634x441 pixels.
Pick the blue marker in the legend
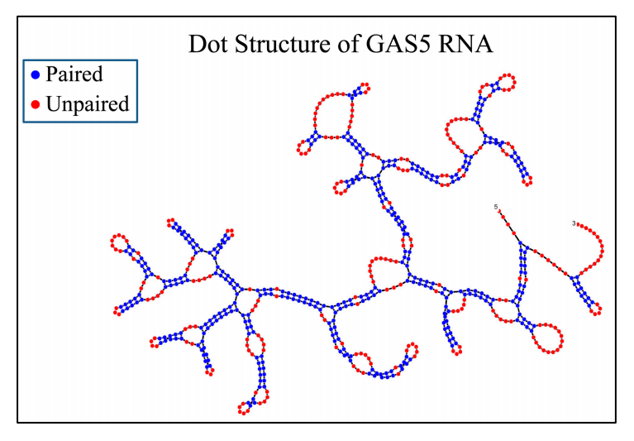35,75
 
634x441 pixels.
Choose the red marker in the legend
35,105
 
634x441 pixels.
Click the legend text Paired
74,74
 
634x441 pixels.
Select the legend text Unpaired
87,104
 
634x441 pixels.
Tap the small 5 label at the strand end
496,206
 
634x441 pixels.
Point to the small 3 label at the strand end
573,223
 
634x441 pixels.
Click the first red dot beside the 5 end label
500,212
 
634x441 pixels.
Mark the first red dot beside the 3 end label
578,224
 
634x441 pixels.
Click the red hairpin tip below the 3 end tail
597,312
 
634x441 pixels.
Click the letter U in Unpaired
52,104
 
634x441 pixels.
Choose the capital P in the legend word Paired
50,74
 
